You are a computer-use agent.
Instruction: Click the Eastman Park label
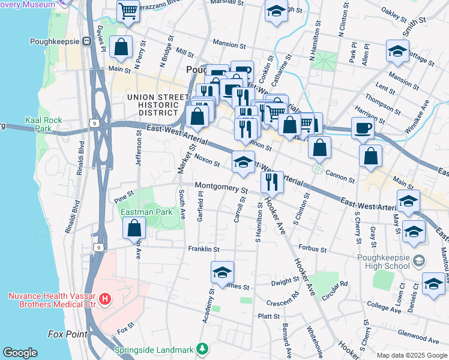coord(146,212)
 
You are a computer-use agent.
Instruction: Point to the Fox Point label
coord(68,334)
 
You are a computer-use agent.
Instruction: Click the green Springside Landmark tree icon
coord(203,349)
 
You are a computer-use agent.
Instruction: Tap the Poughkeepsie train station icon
coord(86,41)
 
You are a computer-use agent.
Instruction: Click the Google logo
coord(20,353)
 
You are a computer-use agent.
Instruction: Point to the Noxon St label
coord(208,158)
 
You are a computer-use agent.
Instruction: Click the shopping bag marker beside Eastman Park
coord(134,227)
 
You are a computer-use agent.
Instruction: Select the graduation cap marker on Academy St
coord(222,272)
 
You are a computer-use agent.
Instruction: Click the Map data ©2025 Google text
coord(411,355)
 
